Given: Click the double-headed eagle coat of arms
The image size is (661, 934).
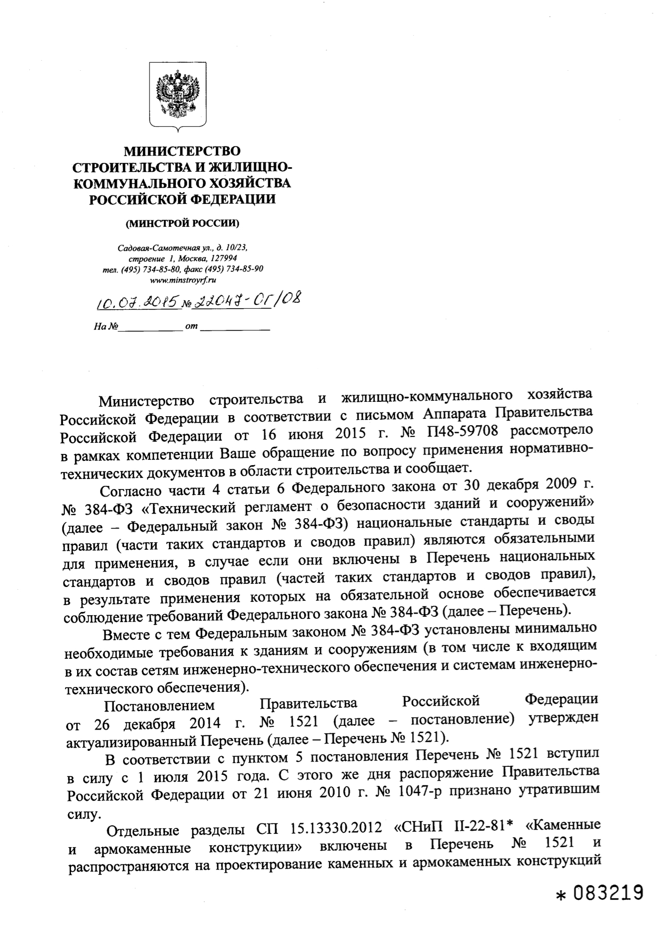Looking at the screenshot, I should [177, 94].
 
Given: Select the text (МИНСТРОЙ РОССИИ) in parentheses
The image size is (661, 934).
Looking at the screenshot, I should [182, 224].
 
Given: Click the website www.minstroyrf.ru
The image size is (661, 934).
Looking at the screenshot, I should [182, 279].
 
